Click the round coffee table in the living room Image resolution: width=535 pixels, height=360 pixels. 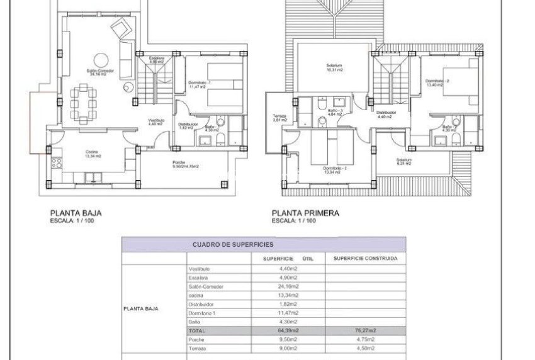127,89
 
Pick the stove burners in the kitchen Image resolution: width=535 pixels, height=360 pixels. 55,163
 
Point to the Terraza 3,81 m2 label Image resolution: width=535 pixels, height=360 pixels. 279,118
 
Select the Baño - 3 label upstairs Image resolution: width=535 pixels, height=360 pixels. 336,113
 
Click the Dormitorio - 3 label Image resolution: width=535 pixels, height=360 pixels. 335,171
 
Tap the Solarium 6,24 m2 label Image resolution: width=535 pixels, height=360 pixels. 404,161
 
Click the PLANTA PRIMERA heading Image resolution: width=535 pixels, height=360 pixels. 305,213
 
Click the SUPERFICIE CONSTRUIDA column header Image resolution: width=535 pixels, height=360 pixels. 364,258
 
